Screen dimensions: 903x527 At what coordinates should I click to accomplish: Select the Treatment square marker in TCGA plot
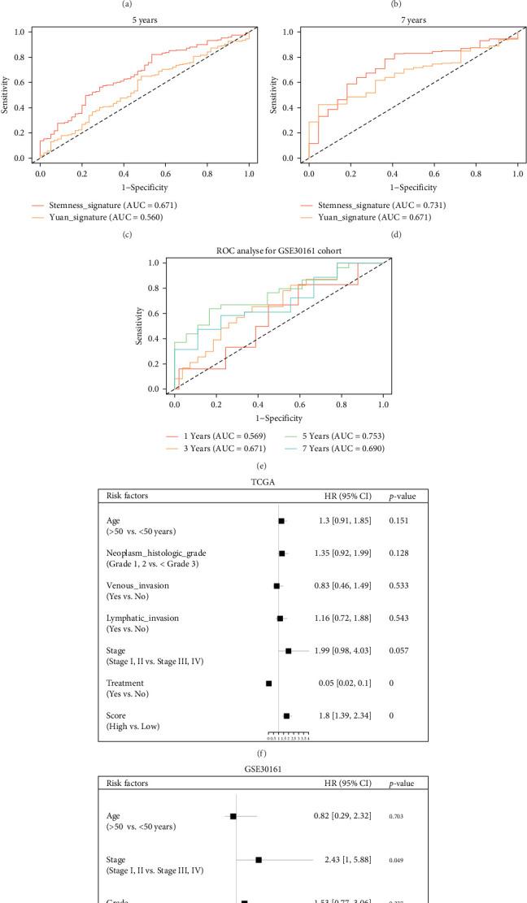click(269, 684)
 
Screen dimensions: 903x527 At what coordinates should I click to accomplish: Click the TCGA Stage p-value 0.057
click(399, 650)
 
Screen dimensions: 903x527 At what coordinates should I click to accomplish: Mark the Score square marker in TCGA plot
click(286, 716)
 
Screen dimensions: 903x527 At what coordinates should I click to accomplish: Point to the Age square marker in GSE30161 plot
click(233, 815)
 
